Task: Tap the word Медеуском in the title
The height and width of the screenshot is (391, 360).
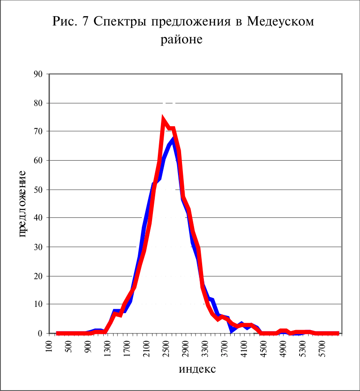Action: click(280, 21)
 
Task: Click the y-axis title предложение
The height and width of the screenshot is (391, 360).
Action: click(22, 204)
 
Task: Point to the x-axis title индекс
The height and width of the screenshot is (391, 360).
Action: click(197, 369)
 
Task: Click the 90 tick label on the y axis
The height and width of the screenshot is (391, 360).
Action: click(38, 74)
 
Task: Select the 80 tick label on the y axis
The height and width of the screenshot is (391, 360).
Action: click(38, 103)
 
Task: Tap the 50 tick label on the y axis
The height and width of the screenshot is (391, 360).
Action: click(38, 190)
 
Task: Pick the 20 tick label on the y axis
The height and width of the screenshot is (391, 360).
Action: click(38, 276)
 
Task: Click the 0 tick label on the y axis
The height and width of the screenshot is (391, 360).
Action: click(40, 333)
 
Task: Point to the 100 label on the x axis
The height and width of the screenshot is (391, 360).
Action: click(49, 346)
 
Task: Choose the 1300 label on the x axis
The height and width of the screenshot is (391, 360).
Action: click(107, 348)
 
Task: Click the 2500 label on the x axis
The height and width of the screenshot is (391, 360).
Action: click(166, 348)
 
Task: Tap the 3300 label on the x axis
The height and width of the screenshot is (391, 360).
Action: click(205, 348)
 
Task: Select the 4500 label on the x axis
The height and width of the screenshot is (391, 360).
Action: click(263, 348)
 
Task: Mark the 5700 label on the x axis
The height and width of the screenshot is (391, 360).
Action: click(322, 348)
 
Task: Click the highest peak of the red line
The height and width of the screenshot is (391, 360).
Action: click(163, 119)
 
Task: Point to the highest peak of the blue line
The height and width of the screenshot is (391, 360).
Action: click(173, 139)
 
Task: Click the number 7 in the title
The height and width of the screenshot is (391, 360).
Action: click(85, 21)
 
